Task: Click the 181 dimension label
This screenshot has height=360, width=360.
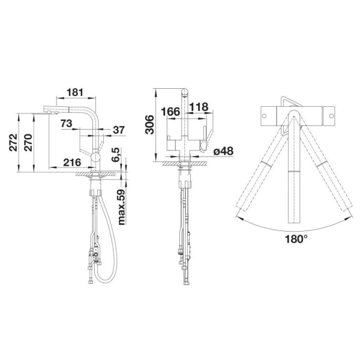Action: (75, 92)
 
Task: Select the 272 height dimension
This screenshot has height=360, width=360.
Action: (13, 142)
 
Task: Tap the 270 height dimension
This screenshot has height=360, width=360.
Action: (28, 142)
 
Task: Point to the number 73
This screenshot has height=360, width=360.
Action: (67, 124)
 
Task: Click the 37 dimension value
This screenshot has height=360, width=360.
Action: (119, 130)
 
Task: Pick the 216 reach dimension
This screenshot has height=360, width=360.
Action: (72, 163)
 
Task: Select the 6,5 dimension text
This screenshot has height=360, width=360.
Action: (116, 155)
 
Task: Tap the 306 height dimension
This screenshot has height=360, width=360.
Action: (150, 124)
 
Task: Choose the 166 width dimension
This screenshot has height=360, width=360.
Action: (170, 112)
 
